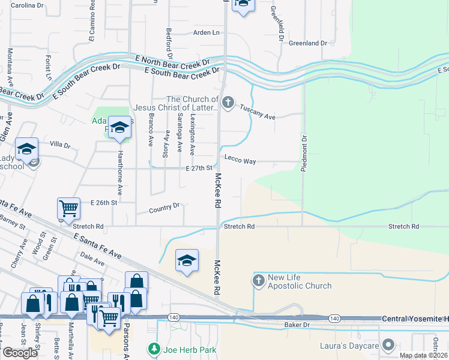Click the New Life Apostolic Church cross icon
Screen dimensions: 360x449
click(x=259, y=280)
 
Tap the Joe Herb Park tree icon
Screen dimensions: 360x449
click(x=154, y=348)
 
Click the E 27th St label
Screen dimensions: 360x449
click(x=198, y=169)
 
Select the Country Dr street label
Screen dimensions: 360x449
click(x=164, y=208)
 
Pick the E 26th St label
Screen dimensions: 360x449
click(x=103, y=203)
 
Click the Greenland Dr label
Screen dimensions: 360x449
click(x=307, y=43)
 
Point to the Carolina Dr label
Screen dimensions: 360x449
click(x=28, y=5)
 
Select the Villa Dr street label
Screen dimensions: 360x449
click(x=60, y=145)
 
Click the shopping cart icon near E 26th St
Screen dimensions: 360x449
click(x=68, y=208)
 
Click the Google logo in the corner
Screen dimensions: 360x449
click(x=20, y=353)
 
